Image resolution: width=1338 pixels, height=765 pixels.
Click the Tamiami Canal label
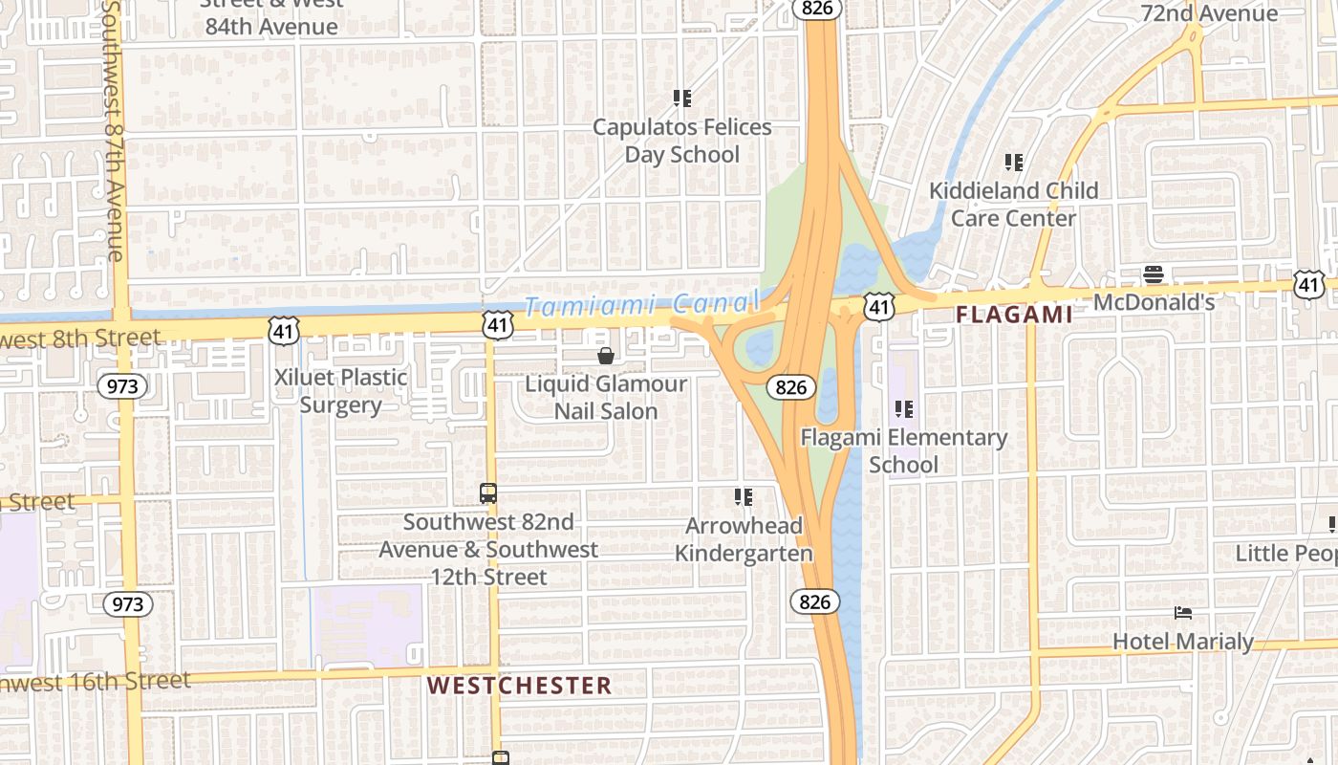640,306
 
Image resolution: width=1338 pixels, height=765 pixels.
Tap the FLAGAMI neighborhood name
1014,315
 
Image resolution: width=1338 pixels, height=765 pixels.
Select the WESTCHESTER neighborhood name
519,686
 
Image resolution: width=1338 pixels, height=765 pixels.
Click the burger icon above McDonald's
1154,275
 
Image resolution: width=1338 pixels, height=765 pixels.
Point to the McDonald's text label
1154,302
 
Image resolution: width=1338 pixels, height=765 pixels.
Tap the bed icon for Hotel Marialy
1183,613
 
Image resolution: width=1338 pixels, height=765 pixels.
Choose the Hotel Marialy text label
1183,641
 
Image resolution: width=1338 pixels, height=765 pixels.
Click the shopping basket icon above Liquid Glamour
606,357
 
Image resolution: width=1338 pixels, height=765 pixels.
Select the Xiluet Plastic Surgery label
341,390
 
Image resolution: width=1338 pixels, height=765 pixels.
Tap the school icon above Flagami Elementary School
904,410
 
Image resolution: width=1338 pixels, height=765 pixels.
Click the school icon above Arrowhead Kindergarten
744,497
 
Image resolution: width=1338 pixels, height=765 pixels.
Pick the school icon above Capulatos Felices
682,98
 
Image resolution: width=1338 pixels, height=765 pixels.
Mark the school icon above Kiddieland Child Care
1014,163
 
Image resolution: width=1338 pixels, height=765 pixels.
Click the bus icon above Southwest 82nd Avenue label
488,493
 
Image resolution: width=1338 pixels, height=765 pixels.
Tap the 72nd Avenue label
1210,13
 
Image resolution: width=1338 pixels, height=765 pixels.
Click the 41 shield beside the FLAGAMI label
878,307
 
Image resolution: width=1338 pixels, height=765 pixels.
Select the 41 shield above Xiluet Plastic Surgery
285,330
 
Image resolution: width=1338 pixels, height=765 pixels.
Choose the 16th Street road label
96,683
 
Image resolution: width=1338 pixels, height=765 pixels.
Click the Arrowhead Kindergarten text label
744,539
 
